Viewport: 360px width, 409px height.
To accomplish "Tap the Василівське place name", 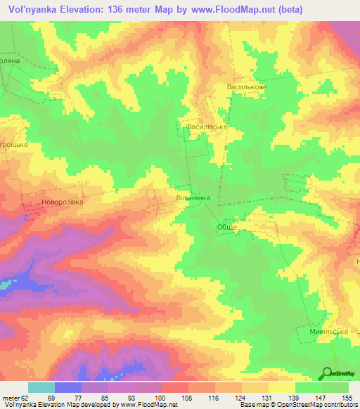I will (206, 127).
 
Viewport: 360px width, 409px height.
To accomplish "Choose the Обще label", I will (224, 228).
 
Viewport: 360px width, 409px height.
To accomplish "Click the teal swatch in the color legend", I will (41, 388).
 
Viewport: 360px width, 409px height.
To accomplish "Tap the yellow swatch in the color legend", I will (281, 388).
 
